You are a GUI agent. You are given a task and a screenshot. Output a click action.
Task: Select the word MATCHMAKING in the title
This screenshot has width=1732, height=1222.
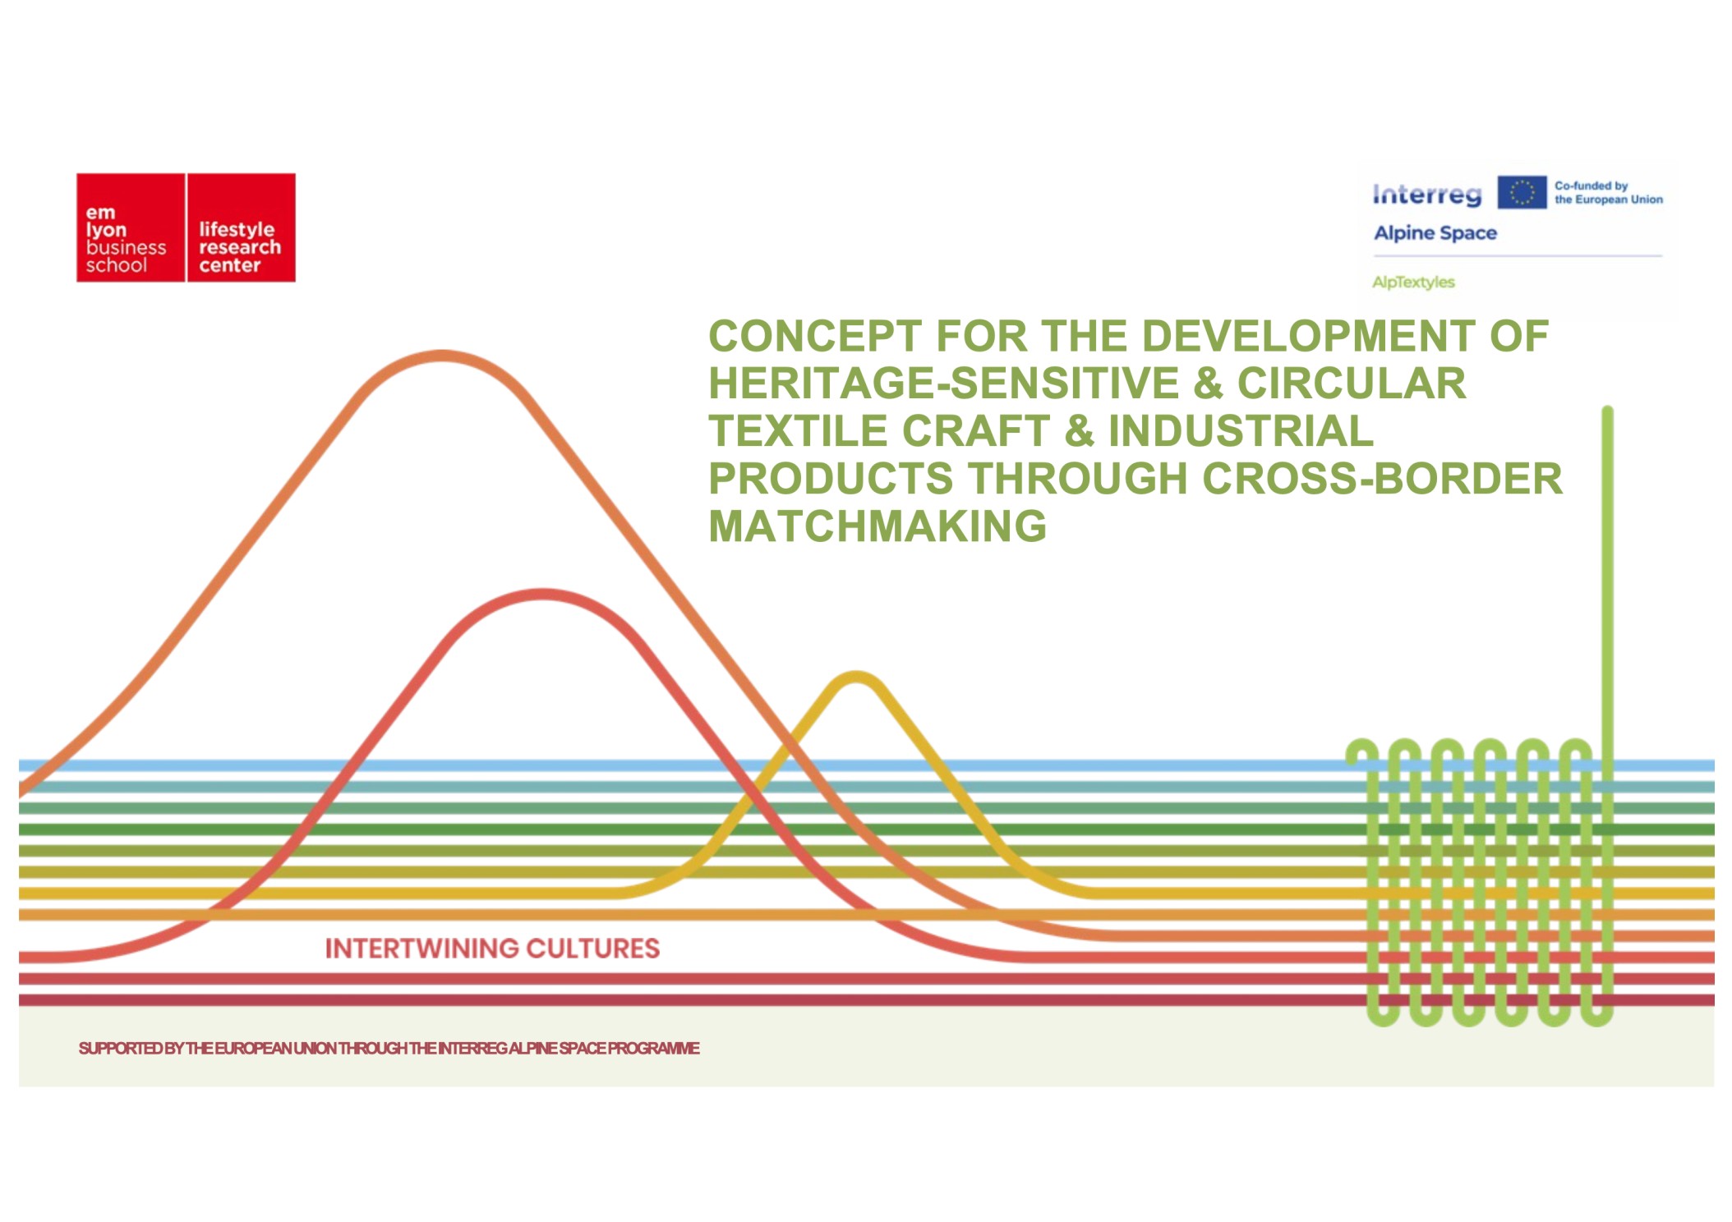[878, 526]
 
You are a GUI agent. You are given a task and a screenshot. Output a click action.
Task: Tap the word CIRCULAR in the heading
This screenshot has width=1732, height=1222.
[1352, 384]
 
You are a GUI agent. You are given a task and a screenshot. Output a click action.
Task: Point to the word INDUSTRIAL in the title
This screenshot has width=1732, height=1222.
[1241, 431]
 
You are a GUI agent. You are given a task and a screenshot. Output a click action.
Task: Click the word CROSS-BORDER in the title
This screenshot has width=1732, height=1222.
[1383, 479]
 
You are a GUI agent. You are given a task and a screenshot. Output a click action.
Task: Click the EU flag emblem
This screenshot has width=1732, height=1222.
[1522, 192]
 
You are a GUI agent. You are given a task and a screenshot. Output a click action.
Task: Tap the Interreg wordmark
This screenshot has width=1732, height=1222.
[1427, 194]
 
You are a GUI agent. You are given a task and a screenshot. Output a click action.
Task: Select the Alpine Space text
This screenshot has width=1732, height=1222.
[1435, 233]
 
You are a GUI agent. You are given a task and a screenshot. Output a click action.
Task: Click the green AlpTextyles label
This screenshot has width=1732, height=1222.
[1413, 283]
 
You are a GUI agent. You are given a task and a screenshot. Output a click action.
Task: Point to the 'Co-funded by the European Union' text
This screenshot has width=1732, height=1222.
[1608, 193]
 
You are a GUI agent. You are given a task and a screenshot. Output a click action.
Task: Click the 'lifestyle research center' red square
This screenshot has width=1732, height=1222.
[242, 227]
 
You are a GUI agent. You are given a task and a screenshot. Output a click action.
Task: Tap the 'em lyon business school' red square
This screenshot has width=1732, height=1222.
[131, 227]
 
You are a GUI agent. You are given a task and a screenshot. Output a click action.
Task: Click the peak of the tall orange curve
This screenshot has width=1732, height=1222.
[443, 356]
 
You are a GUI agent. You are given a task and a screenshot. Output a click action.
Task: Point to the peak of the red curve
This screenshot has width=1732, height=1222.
[542, 594]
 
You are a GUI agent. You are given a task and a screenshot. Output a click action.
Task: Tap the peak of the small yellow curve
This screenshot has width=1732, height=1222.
[856, 677]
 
